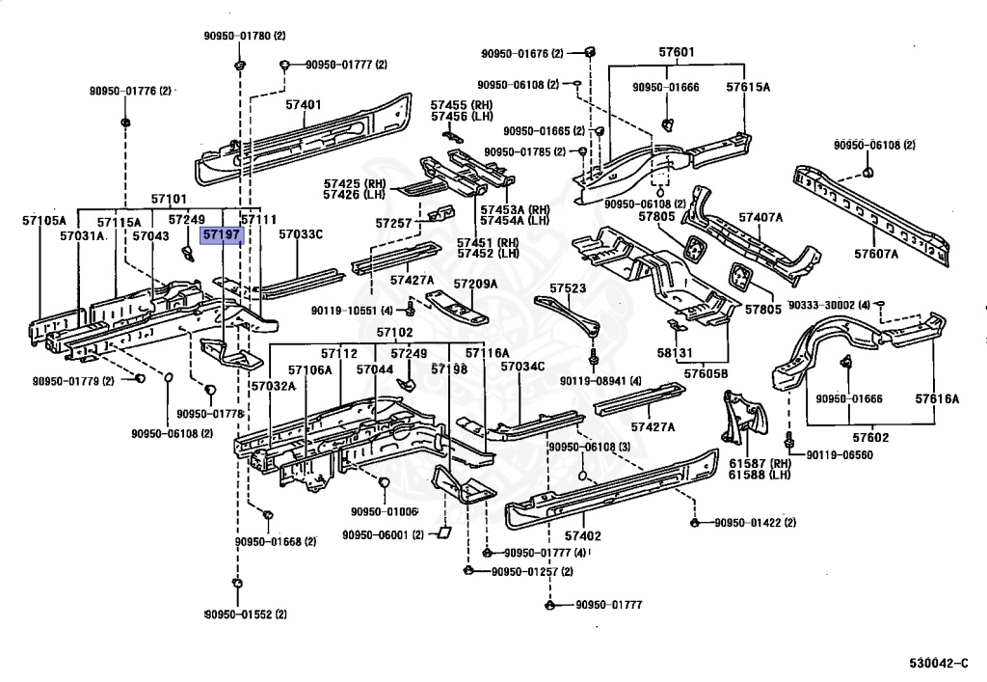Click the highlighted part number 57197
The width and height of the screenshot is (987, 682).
coord(223,235)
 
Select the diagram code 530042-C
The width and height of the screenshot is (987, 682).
coord(939,663)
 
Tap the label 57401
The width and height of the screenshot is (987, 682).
coord(304,104)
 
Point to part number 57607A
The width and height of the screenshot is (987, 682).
coord(876,254)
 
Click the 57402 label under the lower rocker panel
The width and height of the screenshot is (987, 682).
coord(583,536)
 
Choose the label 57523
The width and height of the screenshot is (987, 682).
coord(568,287)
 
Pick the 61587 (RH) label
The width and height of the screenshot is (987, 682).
coord(760,463)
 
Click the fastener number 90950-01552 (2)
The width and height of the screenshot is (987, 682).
coord(246,614)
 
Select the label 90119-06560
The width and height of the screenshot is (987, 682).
coord(840,454)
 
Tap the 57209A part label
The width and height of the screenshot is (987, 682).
coord(475,284)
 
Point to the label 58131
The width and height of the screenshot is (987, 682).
coord(675,353)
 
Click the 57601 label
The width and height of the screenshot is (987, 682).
coord(677,52)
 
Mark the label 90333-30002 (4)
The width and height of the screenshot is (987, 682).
coord(829,305)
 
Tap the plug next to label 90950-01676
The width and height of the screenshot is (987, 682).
coord(590,52)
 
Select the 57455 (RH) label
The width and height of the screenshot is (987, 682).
coord(462,105)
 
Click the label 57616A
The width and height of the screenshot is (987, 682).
coord(937,398)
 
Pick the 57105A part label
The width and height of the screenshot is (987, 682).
coord(44,220)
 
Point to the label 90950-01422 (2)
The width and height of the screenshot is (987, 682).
coord(756,522)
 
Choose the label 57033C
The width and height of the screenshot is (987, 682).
coord(301,234)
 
